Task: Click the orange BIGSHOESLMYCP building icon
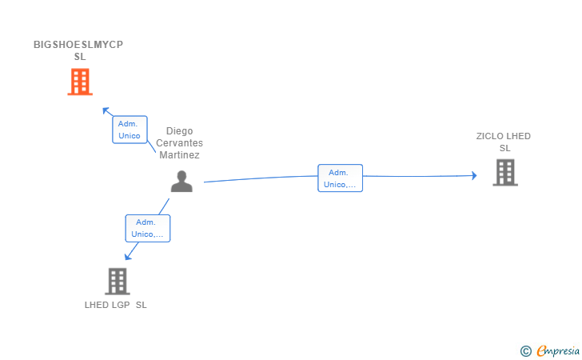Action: tap(79, 82)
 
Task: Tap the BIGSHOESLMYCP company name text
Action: tap(78, 45)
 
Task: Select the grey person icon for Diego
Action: tap(181, 182)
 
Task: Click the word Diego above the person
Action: tap(179, 131)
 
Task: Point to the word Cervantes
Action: tap(179, 143)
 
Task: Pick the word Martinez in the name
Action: tap(179, 155)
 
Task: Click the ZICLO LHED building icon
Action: tap(504, 172)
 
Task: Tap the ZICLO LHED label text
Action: tap(503, 136)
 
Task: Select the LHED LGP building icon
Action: tap(117, 281)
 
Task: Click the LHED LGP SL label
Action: tap(116, 305)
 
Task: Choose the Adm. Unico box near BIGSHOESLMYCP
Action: tap(130, 130)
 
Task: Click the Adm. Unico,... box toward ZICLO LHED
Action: tap(340, 178)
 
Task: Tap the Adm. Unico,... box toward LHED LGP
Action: tap(147, 228)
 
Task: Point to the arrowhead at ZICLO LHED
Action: tap(473, 175)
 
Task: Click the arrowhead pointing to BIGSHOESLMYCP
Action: tap(106, 110)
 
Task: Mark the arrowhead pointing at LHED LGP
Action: tap(127, 257)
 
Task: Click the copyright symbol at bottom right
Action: tap(525, 350)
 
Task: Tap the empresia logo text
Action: tap(557, 350)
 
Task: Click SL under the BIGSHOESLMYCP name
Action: tap(79, 57)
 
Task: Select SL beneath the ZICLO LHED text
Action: tap(504, 148)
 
